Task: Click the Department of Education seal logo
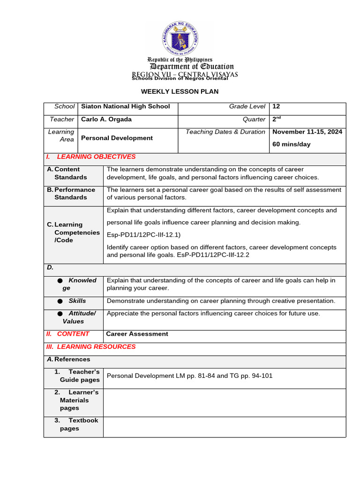click(180, 38)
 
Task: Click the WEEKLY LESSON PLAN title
click(180, 91)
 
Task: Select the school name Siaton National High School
click(125, 107)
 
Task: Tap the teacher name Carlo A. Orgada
click(106, 120)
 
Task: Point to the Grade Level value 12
click(276, 107)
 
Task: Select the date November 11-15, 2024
click(307, 132)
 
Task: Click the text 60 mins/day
click(291, 144)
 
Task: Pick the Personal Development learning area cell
click(117, 138)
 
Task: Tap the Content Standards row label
click(70, 173)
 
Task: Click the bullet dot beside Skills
click(60, 301)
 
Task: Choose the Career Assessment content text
click(137, 334)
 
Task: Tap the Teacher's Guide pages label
click(79, 376)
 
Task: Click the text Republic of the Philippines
click(180, 60)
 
